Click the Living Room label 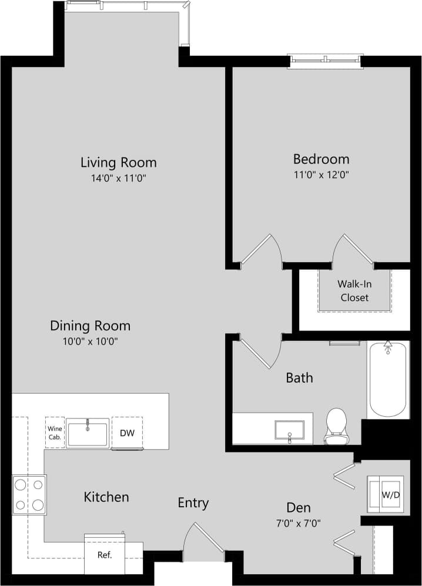point(119,162)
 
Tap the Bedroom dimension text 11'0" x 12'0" point(321,175)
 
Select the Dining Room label point(90,326)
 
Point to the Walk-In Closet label point(354,290)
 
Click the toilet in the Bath point(337,426)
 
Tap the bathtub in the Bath point(388,380)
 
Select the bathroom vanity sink point(290,430)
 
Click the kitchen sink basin point(88,433)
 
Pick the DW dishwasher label point(128,434)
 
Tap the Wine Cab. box point(55,433)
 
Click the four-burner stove point(29,494)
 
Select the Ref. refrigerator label point(105,555)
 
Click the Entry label point(193,503)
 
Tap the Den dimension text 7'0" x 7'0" point(299,522)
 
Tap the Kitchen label point(106,497)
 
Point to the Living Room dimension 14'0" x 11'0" point(119,178)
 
